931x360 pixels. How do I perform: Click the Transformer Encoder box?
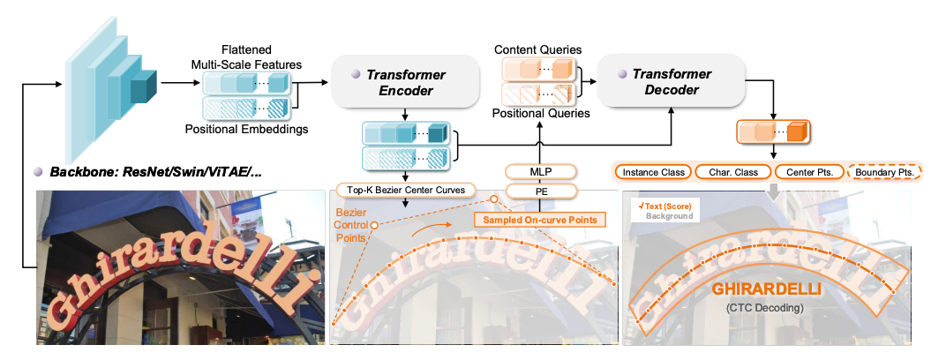(404, 83)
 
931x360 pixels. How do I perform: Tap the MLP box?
(540, 171)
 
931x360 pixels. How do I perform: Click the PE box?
(540, 190)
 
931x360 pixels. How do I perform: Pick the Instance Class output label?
(651, 171)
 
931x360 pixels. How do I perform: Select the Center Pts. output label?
(807, 171)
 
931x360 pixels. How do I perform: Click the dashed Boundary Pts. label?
(883, 171)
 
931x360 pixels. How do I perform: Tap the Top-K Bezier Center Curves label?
(405, 190)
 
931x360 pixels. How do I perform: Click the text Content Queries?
(537, 49)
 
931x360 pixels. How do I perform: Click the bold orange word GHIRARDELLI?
(767, 289)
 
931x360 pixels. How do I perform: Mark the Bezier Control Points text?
(350, 226)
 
